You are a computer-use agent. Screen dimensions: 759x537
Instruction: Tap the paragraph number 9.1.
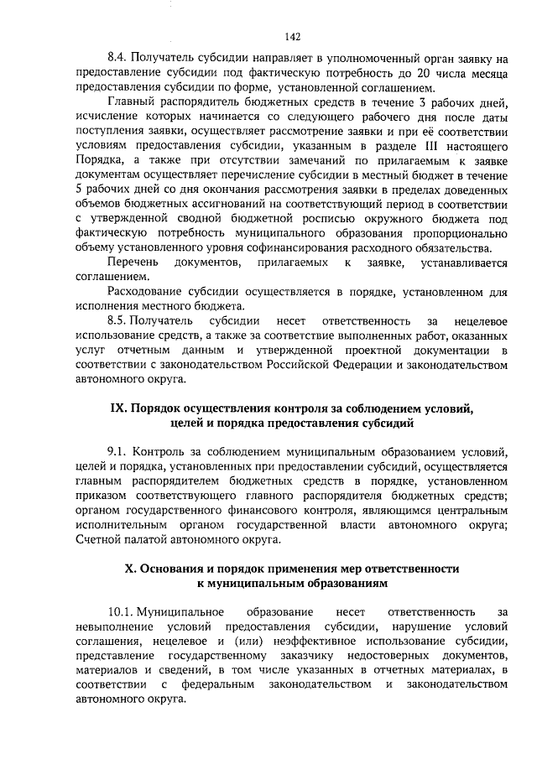[x=118, y=452]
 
